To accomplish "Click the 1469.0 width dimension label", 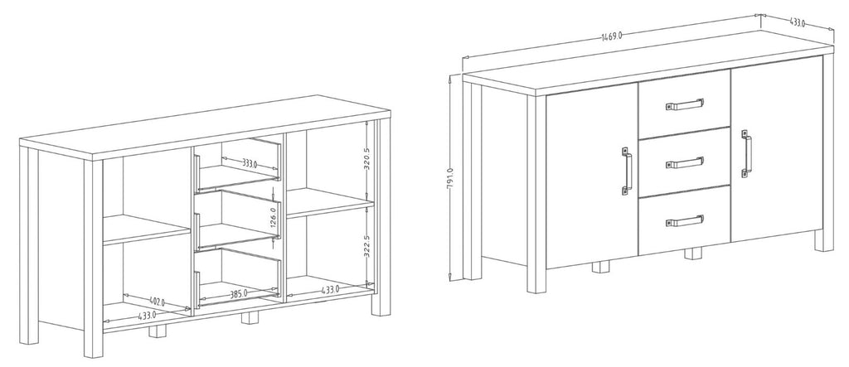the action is pos(611,36).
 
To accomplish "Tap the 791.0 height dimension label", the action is pos(450,178).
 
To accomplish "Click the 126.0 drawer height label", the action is pos(274,216).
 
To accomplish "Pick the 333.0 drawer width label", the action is pos(250,162).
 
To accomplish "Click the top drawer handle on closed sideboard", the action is pos(684,104).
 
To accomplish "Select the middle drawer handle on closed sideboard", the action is pos(684,162).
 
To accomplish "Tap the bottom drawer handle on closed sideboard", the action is pos(684,221).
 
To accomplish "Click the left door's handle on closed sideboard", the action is pos(627,170).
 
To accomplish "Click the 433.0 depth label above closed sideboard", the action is pos(797,22).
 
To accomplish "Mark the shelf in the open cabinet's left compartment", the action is pos(146,229).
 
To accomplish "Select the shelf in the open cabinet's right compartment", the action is pos(330,202).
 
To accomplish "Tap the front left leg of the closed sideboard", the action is pos(536,194).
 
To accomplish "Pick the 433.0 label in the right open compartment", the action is pos(330,290).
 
